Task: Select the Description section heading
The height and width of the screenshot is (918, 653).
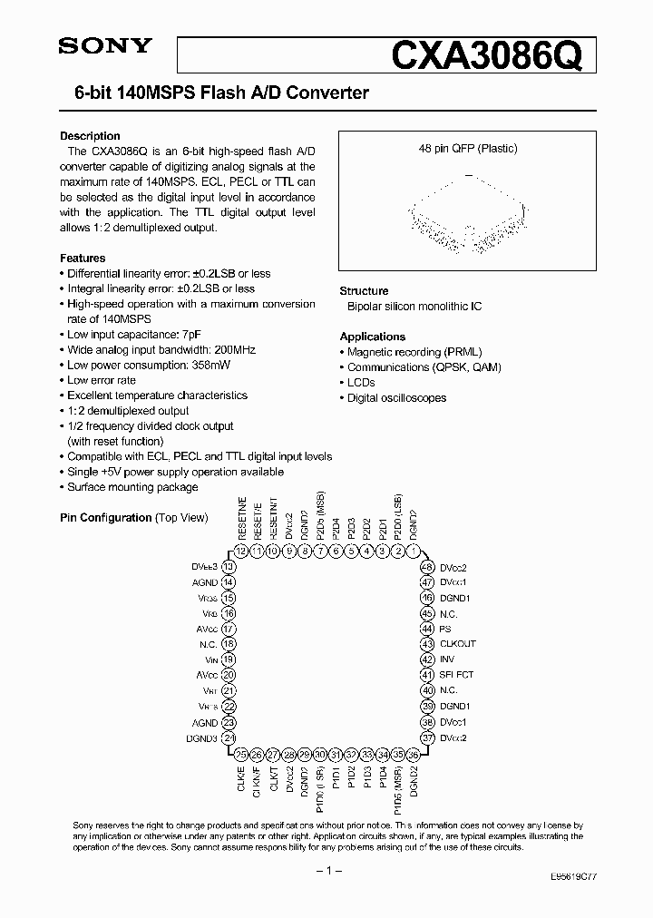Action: coord(90,136)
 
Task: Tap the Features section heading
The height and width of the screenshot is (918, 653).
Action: coord(83,259)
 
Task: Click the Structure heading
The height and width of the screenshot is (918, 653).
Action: coord(364,291)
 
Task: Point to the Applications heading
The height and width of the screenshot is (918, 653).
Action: coord(372,337)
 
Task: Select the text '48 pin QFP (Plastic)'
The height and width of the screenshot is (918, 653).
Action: coord(467,148)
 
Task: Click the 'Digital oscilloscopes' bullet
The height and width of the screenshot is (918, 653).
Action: coord(396,397)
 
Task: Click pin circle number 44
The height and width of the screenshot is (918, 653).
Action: coord(426,629)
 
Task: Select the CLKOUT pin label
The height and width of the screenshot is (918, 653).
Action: coord(458,644)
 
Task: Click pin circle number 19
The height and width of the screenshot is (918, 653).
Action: coord(229,659)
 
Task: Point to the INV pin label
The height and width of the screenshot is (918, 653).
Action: coord(446,659)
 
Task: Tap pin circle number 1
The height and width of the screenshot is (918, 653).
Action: coord(414,551)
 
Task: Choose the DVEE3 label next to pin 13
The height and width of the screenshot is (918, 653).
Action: coord(204,566)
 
